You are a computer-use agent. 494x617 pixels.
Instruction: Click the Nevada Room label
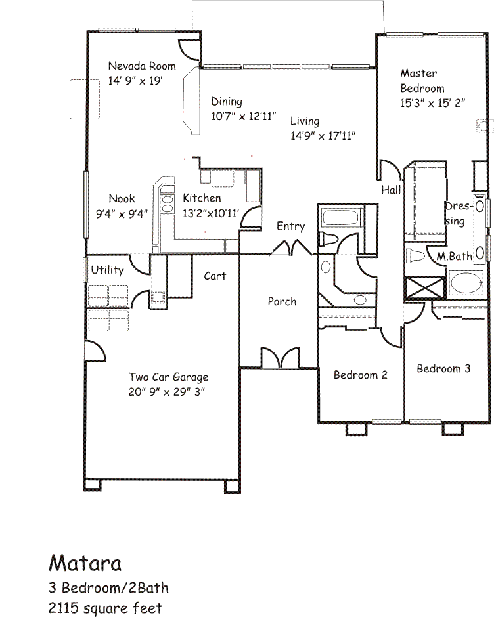[x=142, y=66]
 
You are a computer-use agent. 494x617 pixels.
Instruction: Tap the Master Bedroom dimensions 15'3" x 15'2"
[x=432, y=103]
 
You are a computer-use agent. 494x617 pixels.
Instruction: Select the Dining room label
[x=227, y=102]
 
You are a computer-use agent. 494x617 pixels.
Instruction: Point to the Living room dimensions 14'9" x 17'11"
[x=323, y=136]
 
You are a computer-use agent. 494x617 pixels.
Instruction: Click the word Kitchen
[x=202, y=198]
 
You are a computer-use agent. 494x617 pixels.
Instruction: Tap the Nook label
[x=122, y=198]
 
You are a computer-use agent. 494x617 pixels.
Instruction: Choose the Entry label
[x=291, y=226]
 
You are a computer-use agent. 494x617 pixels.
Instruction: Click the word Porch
[x=282, y=301]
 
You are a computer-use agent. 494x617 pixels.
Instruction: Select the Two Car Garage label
[x=168, y=377]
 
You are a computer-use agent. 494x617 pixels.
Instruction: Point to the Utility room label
[x=107, y=270]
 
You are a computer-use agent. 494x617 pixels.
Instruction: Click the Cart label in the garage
[x=215, y=276]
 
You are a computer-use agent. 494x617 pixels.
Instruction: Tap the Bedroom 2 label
[x=360, y=375]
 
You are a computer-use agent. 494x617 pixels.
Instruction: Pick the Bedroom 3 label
[x=443, y=368]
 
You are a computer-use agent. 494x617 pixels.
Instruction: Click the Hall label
[x=391, y=190]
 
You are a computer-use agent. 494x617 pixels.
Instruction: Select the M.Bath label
[x=454, y=257]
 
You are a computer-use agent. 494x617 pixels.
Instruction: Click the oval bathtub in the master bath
[x=466, y=283]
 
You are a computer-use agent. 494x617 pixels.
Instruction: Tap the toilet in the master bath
[x=415, y=257]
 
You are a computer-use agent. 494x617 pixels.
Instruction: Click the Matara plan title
[x=85, y=563]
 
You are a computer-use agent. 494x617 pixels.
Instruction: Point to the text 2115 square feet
[x=105, y=608]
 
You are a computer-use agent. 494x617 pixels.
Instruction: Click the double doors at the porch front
[x=280, y=357]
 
